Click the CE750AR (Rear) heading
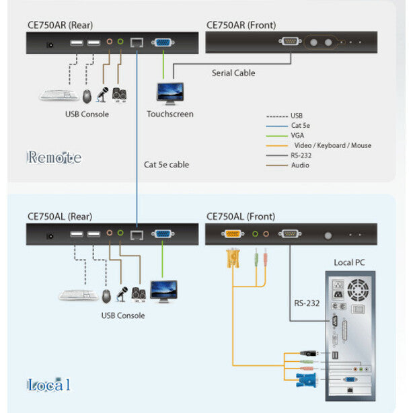click(x=61, y=25)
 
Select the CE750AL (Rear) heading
click(x=60, y=217)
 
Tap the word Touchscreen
click(x=170, y=114)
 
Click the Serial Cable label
click(x=233, y=73)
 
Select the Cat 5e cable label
click(x=166, y=164)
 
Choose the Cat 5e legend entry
click(x=300, y=126)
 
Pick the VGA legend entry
click(x=297, y=135)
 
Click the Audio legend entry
click(x=299, y=165)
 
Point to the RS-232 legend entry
click(x=301, y=155)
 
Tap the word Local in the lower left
click(x=48, y=385)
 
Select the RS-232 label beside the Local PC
click(x=306, y=303)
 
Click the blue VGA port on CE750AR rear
click(x=162, y=44)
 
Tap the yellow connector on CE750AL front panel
click(x=232, y=234)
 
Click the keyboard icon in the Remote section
click(x=58, y=96)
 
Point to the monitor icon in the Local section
click(x=163, y=290)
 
